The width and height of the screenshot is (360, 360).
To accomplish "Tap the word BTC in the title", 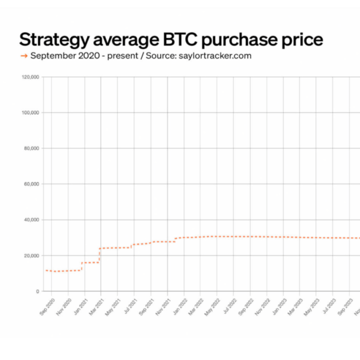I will click(x=198, y=39).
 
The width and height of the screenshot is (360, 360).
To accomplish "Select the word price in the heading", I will click(x=300, y=39).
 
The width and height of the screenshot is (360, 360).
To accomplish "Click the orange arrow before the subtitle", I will click(x=23, y=56).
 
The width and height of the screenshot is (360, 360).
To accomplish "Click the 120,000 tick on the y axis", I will click(x=30, y=77).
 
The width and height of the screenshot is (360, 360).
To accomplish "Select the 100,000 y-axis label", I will click(x=30, y=112).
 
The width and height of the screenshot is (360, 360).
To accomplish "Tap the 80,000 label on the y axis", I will click(x=32, y=148).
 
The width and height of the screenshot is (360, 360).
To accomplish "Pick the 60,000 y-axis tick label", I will click(x=32, y=184).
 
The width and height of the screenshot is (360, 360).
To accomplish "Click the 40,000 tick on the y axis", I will click(x=32, y=220).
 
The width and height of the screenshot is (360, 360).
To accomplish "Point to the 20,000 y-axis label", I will click(x=32, y=255).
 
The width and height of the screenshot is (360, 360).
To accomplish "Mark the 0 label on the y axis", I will click(x=37, y=291).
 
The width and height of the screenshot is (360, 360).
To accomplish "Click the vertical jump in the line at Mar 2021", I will click(x=99, y=255).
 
